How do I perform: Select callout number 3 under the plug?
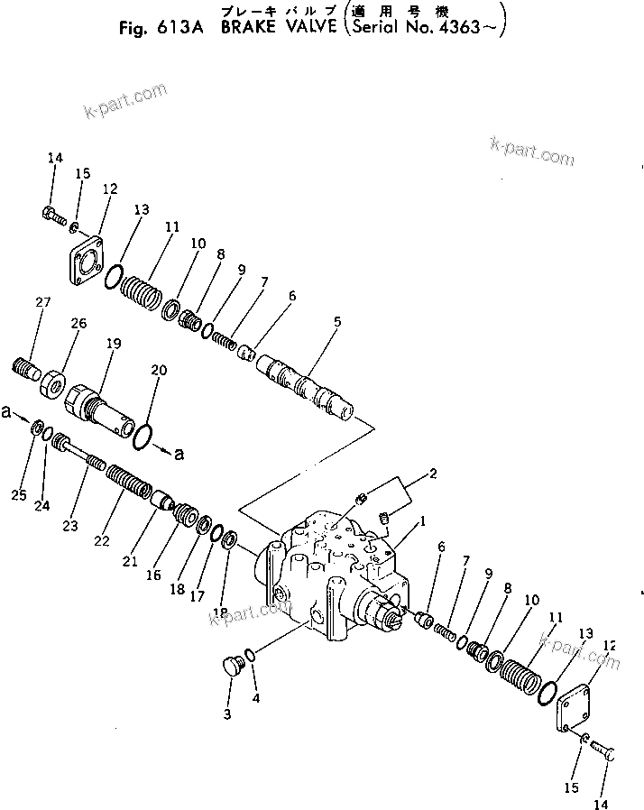227,714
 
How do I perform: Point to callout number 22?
102,540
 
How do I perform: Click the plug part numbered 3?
233,669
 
